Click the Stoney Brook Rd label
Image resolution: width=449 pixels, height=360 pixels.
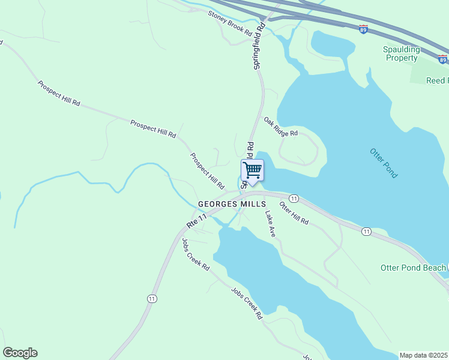click(231, 23)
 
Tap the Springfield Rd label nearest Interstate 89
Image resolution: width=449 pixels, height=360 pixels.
click(260, 47)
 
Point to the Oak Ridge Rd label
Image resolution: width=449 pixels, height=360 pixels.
click(281, 127)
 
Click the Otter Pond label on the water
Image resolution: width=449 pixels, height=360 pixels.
click(384, 163)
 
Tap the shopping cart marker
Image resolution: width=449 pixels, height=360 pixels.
click(253, 170)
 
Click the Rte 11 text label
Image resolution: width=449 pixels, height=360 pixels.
click(197, 221)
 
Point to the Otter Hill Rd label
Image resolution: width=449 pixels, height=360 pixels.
click(294, 213)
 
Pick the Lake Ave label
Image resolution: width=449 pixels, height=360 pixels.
click(270, 223)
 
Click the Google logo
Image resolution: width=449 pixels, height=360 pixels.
click(20, 353)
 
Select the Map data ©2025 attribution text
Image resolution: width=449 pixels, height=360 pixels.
click(423, 355)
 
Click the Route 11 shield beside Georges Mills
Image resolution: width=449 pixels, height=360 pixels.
click(294, 198)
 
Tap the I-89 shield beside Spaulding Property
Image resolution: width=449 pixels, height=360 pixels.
click(442, 59)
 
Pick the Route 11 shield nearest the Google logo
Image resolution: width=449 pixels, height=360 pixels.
click(152, 298)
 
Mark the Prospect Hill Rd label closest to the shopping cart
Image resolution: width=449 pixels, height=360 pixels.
click(207, 170)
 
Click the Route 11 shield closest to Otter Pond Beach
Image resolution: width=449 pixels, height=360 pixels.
click(366, 231)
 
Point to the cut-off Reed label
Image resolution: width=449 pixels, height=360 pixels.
click(436, 80)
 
